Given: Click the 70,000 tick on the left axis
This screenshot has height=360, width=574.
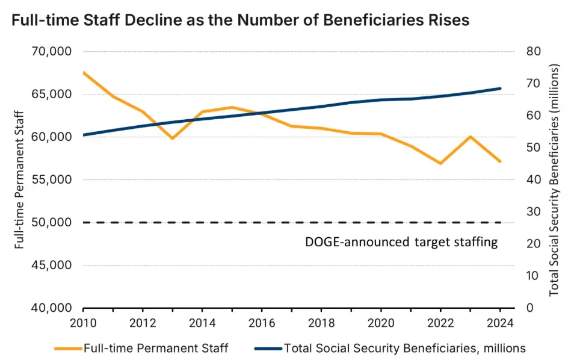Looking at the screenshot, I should (51, 52).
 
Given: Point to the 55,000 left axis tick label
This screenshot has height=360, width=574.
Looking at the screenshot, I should (51, 180).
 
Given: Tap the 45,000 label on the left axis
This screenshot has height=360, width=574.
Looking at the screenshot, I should (51, 265).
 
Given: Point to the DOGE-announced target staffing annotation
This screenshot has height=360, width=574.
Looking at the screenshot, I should (401, 243).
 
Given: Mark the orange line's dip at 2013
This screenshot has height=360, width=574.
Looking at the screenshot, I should (172, 138).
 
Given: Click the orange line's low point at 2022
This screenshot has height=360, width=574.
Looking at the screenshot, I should (441, 163).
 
